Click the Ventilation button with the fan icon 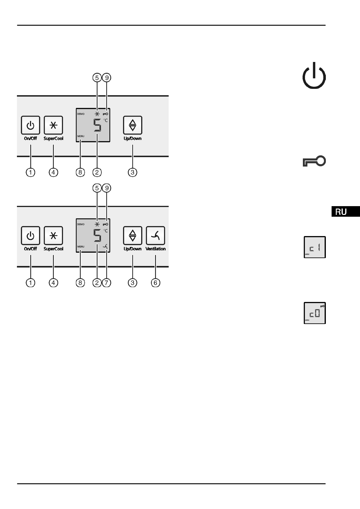pyautogui.click(x=155, y=235)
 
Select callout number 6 pyautogui.click(x=155, y=283)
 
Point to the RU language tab pyautogui.click(x=345, y=212)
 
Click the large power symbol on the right pyautogui.click(x=314, y=76)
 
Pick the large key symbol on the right pyautogui.click(x=314, y=162)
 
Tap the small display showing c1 pyautogui.click(x=315, y=247)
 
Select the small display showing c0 pyautogui.click(x=315, y=313)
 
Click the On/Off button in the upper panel pyautogui.click(x=31, y=125)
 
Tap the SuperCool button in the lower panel pyautogui.click(x=53, y=235)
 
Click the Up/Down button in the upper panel pyautogui.click(x=132, y=125)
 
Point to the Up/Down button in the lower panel pyautogui.click(x=132, y=235)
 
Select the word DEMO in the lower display pyautogui.click(x=81, y=224)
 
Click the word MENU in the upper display pyautogui.click(x=81, y=136)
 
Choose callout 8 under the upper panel pyautogui.click(x=80, y=172)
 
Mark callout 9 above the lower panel pyautogui.click(x=107, y=188)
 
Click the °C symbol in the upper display pyautogui.click(x=105, y=120)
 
